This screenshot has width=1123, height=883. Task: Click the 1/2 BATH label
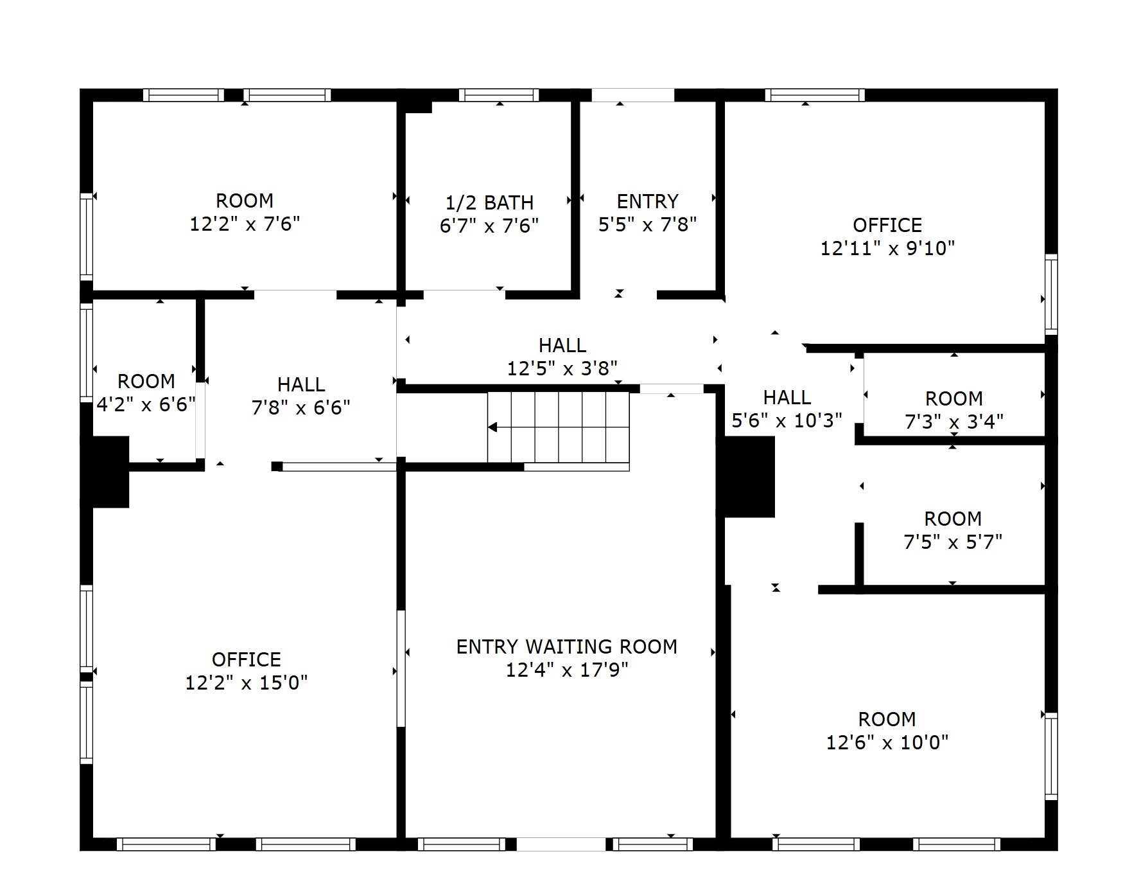coord(490,202)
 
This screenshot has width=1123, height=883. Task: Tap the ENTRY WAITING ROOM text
coord(566,647)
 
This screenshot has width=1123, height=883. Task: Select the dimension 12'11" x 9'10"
coord(887,248)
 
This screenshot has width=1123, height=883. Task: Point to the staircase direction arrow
coord(492,427)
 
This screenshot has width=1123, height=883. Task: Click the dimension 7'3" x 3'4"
coord(953,422)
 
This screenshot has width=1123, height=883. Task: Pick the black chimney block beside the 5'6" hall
coord(749,476)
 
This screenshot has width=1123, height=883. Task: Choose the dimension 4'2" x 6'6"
coord(146,404)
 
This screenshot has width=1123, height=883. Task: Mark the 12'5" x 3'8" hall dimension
coord(562,368)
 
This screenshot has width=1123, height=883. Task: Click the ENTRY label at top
coord(647,201)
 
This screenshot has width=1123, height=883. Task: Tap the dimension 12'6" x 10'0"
coord(887,742)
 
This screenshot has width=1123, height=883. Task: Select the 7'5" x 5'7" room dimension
coord(953,542)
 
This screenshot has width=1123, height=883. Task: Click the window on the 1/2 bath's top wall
coord(499,95)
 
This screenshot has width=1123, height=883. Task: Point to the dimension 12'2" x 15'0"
coord(246,682)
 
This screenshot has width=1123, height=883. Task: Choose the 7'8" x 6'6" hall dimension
coord(300,407)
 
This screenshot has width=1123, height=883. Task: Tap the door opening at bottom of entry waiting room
coord(561,844)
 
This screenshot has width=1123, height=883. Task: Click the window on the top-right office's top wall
coord(815,95)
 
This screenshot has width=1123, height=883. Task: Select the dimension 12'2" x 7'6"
coord(245,224)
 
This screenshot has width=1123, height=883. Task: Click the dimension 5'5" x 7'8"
coord(647,224)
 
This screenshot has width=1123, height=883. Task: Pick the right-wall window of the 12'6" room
coord(1050,756)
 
